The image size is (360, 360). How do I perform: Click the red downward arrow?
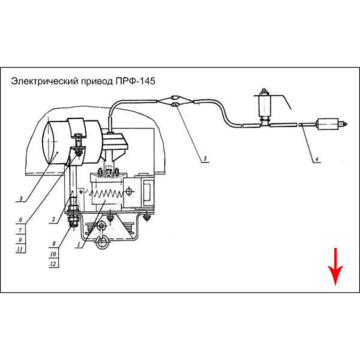tap(335, 267)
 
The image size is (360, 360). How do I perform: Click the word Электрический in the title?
tap(40, 81)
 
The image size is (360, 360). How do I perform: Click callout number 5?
tap(204, 159)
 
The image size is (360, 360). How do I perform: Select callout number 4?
tap(316, 159)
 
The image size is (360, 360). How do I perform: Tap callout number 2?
tap(53, 219)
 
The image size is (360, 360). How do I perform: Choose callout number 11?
tap(21, 248)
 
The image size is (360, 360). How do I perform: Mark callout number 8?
tap(53, 244)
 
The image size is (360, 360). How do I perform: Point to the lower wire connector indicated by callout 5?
tap(174, 105)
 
